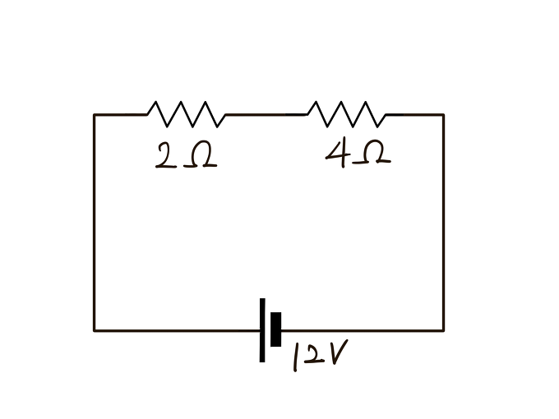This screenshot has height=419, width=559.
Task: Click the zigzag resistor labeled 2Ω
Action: tap(186, 114)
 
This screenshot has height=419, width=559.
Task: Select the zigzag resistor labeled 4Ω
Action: tap(345, 114)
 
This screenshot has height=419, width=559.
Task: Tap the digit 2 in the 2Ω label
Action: tap(164, 156)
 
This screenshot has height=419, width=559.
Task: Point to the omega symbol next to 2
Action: tap(201, 156)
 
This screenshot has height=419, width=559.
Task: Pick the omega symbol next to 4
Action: tap(373, 154)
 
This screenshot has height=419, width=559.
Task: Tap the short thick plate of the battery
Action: tap(276, 329)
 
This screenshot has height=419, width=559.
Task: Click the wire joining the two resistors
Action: tap(266, 114)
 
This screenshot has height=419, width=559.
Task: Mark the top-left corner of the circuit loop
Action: tap(95, 114)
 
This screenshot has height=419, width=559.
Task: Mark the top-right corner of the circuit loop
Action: tap(443, 114)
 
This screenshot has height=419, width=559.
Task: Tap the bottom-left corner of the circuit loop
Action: tap(95, 330)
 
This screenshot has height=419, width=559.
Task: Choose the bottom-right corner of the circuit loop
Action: tap(443, 330)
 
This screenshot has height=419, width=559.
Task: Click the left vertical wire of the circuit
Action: tap(95, 222)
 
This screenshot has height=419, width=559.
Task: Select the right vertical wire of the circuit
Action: tap(443, 222)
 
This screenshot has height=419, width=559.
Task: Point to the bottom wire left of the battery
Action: tap(177, 330)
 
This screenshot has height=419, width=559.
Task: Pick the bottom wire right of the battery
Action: tap(362, 330)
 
